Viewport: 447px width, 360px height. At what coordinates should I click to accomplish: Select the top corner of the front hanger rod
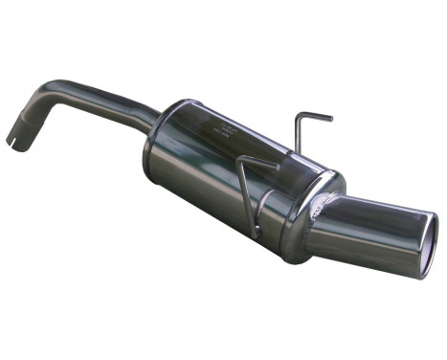coord(242,158)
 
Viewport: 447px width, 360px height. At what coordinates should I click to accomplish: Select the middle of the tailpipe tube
coord(378,224)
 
